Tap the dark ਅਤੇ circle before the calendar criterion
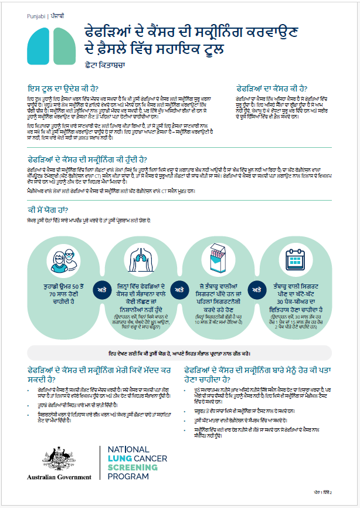(256, 289)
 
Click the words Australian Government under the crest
(59, 477)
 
